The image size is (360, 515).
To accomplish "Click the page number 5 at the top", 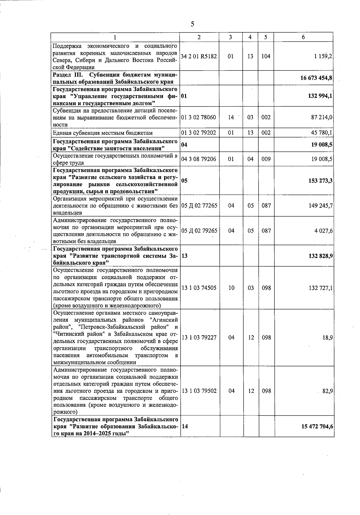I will [192, 24].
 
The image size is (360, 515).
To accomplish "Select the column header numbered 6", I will [303, 37].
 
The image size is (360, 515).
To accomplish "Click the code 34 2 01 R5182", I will [199, 56].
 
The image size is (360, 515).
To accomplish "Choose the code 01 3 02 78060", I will [199, 117].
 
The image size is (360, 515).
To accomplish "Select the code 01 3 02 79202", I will [199, 133].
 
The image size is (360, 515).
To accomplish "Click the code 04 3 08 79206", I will [199, 159].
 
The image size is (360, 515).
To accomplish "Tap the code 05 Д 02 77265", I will [199, 206].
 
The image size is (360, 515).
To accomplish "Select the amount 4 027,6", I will [323, 231].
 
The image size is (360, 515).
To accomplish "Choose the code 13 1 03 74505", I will [199, 288].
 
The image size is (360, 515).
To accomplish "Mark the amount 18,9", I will [327, 338].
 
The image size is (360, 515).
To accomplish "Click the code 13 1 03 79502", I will [199, 391].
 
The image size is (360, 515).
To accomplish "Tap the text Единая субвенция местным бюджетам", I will [103, 133].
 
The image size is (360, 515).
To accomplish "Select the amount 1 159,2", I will [323, 56].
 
